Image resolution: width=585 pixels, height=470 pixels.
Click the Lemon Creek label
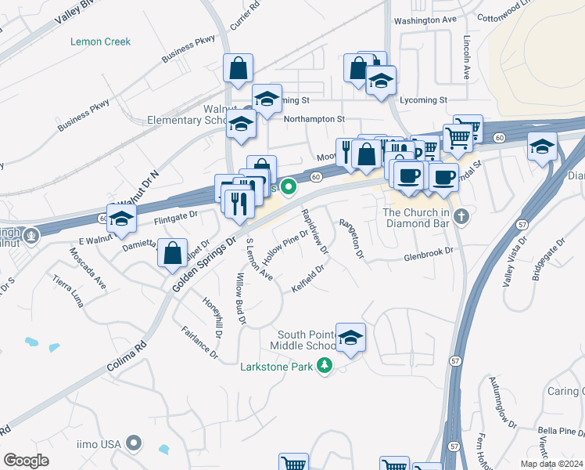click(x=100, y=42)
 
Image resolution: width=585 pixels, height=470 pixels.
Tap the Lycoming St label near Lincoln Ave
click(x=422, y=100)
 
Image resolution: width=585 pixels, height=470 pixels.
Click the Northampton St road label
click(x=314, y=119)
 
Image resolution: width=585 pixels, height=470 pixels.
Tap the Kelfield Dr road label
click(x=307, y=279)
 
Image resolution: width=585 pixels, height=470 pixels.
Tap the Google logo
click(x=27, y=461)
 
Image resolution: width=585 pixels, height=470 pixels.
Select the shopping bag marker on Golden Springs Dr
click(x=173, y=253)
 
